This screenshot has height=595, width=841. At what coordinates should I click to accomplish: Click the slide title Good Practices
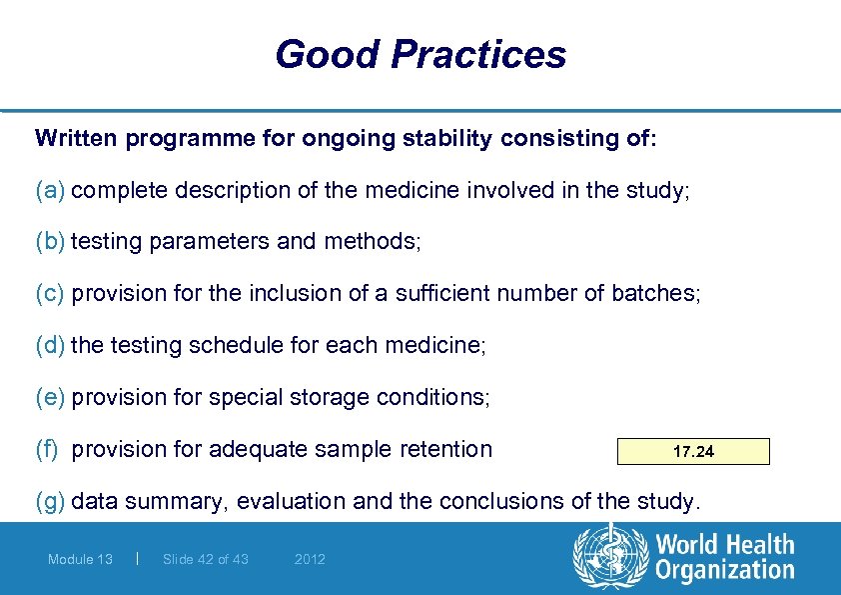pyautogui.click(x=420, y=54)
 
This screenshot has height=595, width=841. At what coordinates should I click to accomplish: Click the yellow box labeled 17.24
pyautogui.click(x=693, y=452)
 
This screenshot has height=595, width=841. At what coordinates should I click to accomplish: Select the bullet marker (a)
pyautogui.click(x=50, y=190)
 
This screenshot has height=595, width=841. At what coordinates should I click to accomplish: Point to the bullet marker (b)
pyautogui.click(x=50, y=242)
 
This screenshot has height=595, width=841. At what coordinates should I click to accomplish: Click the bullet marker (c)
pyautogui.click(x=50, y=294)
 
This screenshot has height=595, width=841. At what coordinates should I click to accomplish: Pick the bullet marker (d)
pyautogui.click(x=50, y=346)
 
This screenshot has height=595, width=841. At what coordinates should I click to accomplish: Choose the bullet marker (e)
pyautogui.click(x=50, y=398)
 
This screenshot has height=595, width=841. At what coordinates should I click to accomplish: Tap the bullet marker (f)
pyautogui.click(x=48, y=450)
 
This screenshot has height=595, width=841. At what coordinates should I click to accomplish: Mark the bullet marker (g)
pyautogui.click(x=50, y=502)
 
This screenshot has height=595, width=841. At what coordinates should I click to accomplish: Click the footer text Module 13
pyautogui.click(x=80, y=560)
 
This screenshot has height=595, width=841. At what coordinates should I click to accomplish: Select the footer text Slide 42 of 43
pyautogui.click(x=205, y=560)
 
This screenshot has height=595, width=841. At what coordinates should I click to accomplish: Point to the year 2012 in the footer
pyautogui.click(x=310, y=560)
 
